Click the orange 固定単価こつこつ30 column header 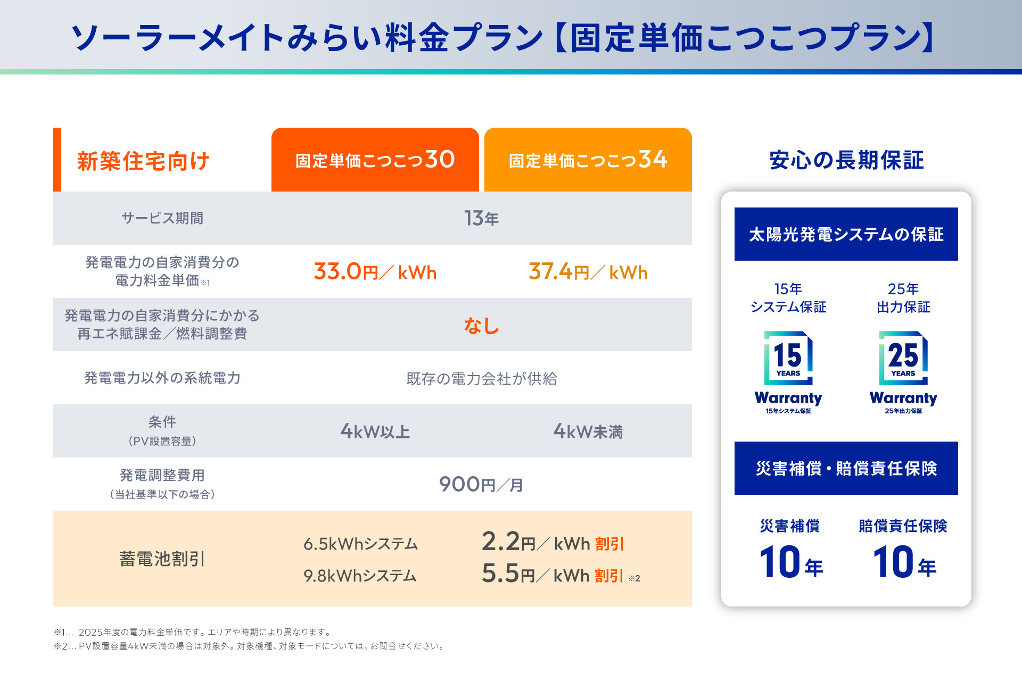pos(375,160)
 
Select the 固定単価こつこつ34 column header pos(588,160)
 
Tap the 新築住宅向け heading pos(143,161)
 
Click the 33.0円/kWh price pos(375,272)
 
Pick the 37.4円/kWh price pos(588,272)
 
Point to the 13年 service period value pos(481,218)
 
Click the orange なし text pos(481,325)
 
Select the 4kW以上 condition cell pos(375,431)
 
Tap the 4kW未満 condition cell pos(588,431)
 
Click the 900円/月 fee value pos(481,485)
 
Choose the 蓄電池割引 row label pos(162,559)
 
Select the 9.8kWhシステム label pos(360,576)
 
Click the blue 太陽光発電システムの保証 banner pos(846,234)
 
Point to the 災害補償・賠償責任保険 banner pos(846,468)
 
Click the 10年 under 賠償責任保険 pos(904,563)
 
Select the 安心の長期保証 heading pos(846,160)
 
